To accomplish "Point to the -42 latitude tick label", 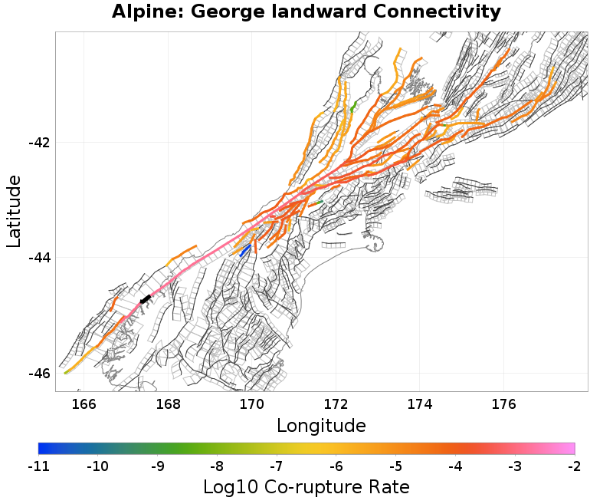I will pos(39,143).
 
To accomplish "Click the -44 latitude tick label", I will pos(39,258).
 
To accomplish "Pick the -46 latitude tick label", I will pos(39,373).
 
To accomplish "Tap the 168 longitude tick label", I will pos(167,404).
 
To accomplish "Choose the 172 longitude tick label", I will pos(336,404).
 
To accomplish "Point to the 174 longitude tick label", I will pos(420,404).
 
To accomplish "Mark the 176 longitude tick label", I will pos(503,404).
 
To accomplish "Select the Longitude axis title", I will pos(321,425).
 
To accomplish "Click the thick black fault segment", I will pos(145,299).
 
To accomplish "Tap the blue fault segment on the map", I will pos(245,251).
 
